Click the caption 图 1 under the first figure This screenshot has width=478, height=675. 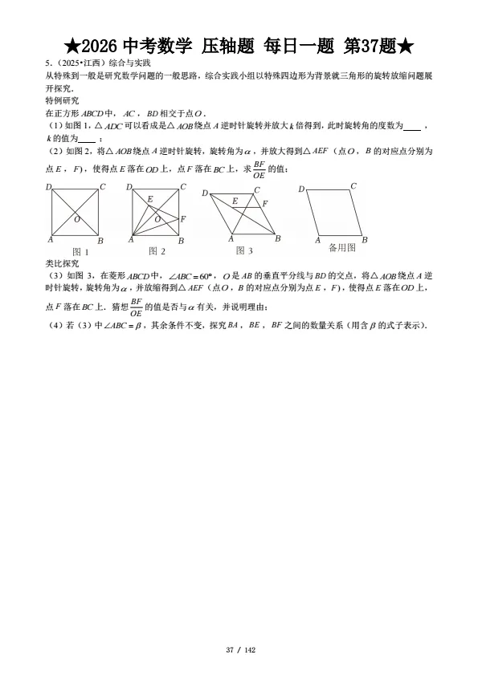point(80,251)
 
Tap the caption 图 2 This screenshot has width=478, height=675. point(157,251)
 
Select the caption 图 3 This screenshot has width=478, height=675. point(244,251)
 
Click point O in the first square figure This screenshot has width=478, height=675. point(76,218)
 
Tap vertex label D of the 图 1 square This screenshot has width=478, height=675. point(48,187)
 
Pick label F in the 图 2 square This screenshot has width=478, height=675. point(183,218)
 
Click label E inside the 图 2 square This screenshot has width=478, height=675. point(149,198)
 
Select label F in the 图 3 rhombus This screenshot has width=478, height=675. point(265,204)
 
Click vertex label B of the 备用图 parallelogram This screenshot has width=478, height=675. point(364,240)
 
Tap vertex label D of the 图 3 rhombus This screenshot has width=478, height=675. point(205,193)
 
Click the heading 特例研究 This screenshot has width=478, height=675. point(63,101)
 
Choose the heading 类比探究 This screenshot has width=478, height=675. point(63,262)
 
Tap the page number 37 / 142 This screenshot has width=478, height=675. point(239,649)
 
